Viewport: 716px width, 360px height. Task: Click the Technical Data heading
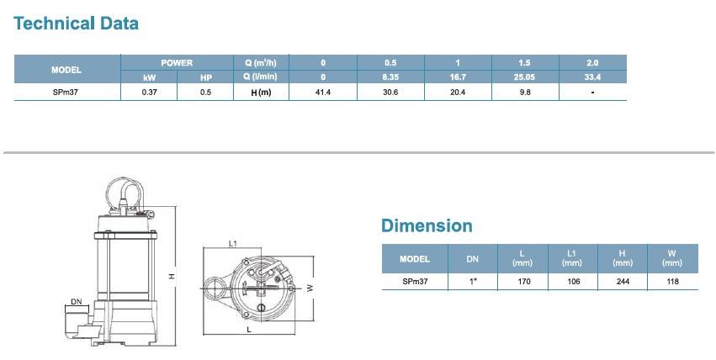(x=76, y=24)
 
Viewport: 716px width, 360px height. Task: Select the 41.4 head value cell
(x=323, y=93)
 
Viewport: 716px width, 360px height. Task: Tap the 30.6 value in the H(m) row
(x=390, y=93)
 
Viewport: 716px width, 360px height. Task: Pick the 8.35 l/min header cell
(x=390, y=77)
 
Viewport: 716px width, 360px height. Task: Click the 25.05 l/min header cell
(x=524, y=77)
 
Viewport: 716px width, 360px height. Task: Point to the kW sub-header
(x=149, y=77)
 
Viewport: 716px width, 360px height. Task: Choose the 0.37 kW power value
(x=149, y=93)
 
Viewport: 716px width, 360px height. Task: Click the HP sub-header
(x=206, y=77)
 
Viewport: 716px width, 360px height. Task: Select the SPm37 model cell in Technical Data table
(x=66, y=93)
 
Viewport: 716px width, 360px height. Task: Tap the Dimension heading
(x=427, y=226)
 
